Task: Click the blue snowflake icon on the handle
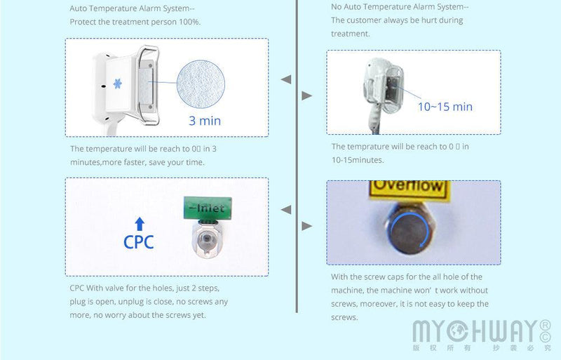coord(117,84)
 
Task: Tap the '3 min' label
coord(205,121)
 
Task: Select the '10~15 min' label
coord(445,107)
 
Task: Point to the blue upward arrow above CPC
coord(139,224)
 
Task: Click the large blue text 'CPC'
coord(139,242)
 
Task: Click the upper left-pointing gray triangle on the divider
coord(286,80)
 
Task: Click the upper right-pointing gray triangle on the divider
coord(306,95)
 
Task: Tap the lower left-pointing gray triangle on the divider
coord(286,209)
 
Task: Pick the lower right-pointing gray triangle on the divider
coord(306,226)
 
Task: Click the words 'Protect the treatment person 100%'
coord(135,22)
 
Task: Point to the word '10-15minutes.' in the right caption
coord(358,160)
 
